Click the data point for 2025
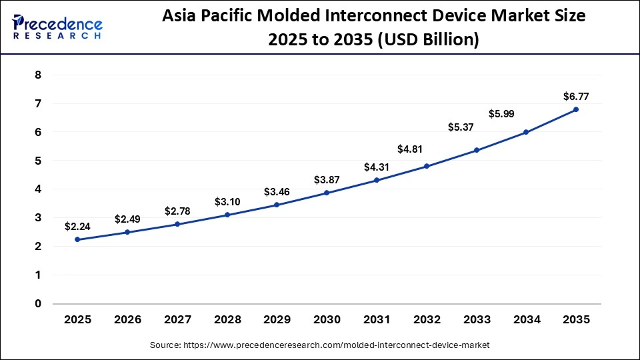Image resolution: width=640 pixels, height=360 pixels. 77,239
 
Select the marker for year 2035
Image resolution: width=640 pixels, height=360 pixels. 576,109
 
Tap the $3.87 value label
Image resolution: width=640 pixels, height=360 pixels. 327,180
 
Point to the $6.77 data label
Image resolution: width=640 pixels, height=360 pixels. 576,97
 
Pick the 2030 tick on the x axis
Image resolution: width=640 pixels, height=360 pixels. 327,320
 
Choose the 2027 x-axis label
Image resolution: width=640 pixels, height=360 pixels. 177,320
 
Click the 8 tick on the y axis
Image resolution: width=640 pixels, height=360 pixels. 38,75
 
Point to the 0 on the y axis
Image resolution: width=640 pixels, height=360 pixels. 38,304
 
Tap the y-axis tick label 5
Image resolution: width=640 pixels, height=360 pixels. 38,161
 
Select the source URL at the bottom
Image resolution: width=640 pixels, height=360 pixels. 319,345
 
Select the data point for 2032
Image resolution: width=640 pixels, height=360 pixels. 427,166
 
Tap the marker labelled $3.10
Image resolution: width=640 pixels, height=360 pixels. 227,215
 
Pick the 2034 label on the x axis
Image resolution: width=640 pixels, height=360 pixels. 526,320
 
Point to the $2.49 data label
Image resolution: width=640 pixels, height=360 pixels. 127,219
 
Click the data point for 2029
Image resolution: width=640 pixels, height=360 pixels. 277,205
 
